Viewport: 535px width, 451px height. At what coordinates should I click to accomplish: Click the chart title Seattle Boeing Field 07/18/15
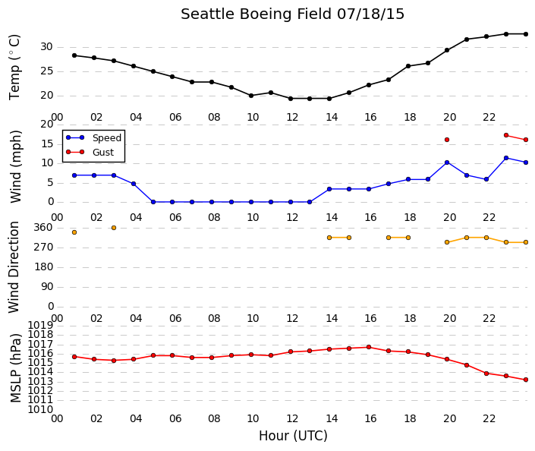(x=292, y=14)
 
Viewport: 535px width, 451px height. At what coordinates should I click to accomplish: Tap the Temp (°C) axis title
(x=14, y=67)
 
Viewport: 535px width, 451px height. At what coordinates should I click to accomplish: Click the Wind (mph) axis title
(x=16, y=166)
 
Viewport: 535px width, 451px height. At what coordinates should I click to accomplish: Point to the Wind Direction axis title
(x=14, y=267)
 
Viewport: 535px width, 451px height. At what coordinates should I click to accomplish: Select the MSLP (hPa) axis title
(x=16, y=368)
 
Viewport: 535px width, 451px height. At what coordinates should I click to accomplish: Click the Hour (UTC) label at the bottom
(x=293, y=436)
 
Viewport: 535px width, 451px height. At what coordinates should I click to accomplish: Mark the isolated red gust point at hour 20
(x=447, y=140)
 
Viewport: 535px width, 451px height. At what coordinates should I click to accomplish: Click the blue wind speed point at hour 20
(x=447, y=162)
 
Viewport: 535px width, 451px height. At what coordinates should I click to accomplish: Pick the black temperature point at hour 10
(x=251, y=96)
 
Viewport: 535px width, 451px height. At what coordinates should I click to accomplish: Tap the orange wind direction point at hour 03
(x=114, y=228)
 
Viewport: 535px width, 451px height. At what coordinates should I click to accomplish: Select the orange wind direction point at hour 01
(x=74, y=232)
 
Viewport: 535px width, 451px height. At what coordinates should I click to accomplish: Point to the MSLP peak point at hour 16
(x=369, y=347)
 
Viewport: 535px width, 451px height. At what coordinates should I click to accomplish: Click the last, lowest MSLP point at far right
(x=526, y=380)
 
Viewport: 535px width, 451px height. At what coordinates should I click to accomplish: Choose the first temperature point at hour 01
(x=74, y=55)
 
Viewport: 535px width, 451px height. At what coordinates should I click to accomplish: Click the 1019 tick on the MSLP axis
(x=41, y=325)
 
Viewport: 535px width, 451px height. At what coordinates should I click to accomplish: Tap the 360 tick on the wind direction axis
(x=44, y=227)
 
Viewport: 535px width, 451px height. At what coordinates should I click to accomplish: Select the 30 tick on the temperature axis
(x=47, y=47)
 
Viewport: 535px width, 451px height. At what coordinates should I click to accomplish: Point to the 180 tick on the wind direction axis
(x=44, y=266)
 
